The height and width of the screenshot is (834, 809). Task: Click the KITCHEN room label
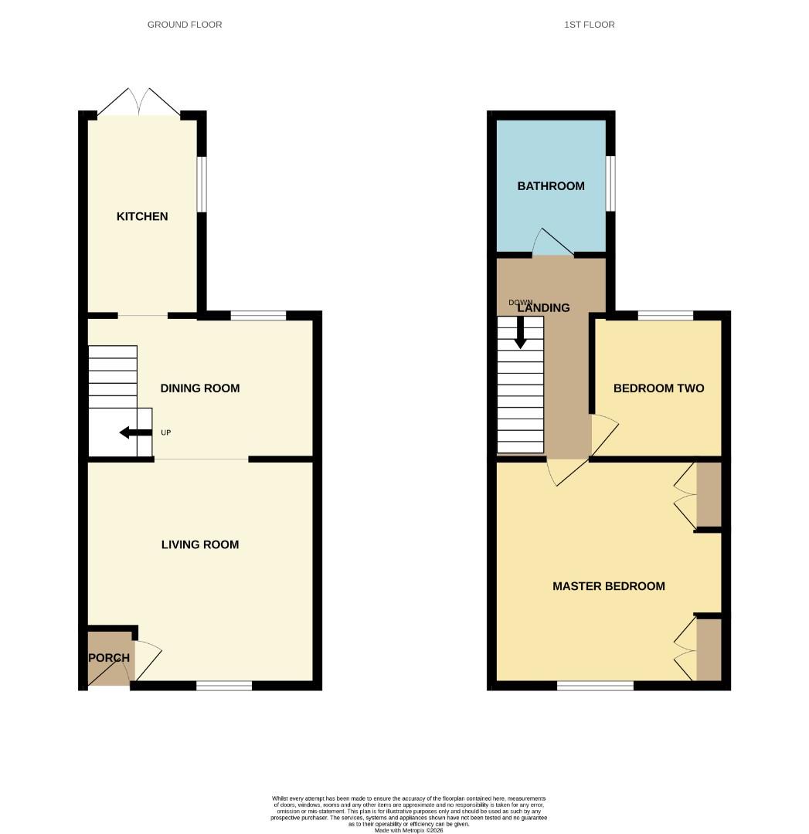click(x=142, y=216)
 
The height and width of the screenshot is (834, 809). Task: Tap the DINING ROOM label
click(x=200, y=388)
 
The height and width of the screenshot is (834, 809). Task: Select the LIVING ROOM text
click(x=200, y=544)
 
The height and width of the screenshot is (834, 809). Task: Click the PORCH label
click(x=109, y=658)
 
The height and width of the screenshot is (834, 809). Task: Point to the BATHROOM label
click(x=551, y=186)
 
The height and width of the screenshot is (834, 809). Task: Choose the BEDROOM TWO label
click(x=658, y=388)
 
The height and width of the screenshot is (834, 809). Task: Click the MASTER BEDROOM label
click(x=608, y=586)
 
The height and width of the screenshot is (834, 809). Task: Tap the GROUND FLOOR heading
click(x=185, y=25)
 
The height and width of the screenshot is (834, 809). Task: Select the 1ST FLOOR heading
click(x=590, y=25)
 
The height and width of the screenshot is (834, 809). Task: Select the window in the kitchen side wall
click(x=202, y=185)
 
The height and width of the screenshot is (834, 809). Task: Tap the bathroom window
click(x=610, y=184)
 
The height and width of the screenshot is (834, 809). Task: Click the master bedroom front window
click(x=596, y=685)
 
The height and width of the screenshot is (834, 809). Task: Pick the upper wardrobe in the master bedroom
click(x=709, y=495)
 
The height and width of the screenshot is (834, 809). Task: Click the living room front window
click(x=224, y=685)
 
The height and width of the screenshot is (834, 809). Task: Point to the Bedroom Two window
click(x=665, y=315)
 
